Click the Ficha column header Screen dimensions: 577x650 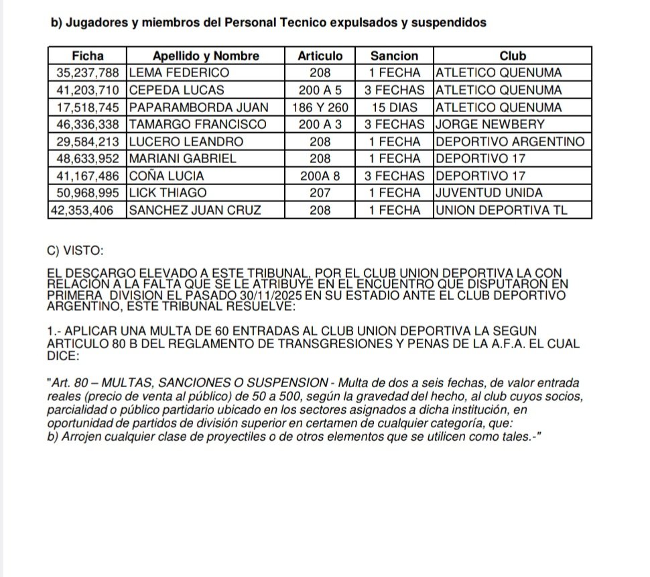click(x=88, y=56)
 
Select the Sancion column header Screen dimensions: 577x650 click(x=394, y=56)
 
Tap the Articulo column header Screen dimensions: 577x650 click(x=320, y=56)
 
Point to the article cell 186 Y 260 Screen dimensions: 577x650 click(x=320, y=107)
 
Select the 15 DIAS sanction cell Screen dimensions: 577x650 click(x=394, y=107)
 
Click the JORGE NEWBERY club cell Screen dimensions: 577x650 click(x=490, y=124)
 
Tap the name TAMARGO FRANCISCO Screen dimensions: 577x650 click(x=198, y=124)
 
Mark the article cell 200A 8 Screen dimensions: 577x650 click(x=320, y=176)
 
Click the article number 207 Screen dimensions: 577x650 click(x=320, y=193)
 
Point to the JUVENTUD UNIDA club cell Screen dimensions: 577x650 click(x=489, y=193)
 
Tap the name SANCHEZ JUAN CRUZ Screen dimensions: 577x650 click(x=195, y=210)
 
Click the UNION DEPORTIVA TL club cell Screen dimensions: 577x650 click(x=502, y=210)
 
